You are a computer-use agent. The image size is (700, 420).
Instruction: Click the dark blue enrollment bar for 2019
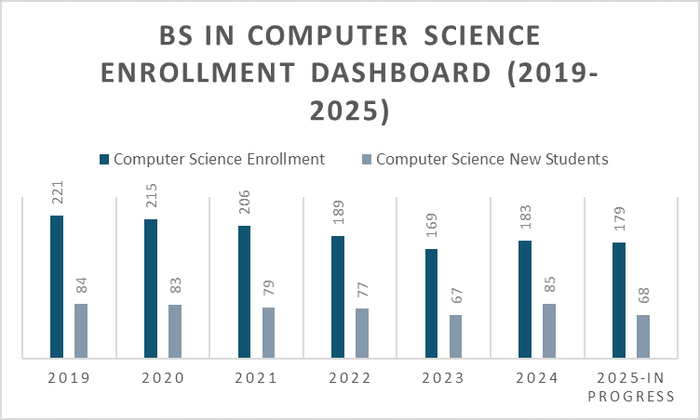pos(57,286)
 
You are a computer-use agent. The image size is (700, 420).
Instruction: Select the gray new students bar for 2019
pos(81,330)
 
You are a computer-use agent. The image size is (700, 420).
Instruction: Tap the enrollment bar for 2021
pos(244,291)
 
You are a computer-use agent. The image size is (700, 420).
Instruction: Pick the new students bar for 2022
pos(362,333)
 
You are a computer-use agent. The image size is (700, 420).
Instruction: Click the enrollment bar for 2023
pos(432,303)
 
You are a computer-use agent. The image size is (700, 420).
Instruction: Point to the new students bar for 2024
pos(549,330)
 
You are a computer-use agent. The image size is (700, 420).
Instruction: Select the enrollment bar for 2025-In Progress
pos(619,299)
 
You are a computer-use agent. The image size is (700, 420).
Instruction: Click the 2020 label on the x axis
pos(162,378)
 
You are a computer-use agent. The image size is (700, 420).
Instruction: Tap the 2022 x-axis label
pos(349,378)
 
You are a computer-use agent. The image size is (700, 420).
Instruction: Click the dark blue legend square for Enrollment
pos(103,159)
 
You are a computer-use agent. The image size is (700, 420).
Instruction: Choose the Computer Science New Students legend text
pos(492,159)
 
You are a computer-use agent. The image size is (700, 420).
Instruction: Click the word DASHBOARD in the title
pos(393,72)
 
